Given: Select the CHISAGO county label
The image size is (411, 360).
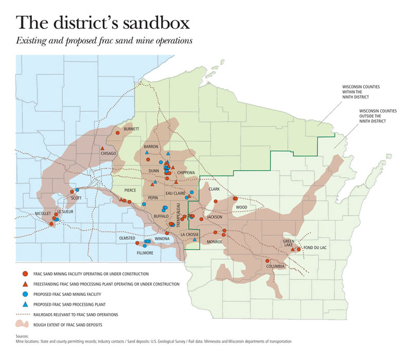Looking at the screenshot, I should (x=109, y=153).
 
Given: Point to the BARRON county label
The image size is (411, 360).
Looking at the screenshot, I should (x=151, y=147).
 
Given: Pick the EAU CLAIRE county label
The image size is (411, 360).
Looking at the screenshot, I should (x=175, y=193).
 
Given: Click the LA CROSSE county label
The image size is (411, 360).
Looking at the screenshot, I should (x=189, y=235).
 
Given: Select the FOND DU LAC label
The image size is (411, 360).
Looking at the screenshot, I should (x=315, y=248).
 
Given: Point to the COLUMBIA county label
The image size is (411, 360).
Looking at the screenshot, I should (x=275, y=266).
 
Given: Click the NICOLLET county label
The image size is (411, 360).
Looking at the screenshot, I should (x=43, y=213).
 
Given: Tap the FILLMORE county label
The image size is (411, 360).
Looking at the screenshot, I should (x=145, y=253).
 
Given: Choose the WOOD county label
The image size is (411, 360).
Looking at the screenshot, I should (x=241, y=207).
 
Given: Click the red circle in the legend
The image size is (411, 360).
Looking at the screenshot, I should (x=25, y=274).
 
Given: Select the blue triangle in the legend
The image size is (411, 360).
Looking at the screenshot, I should (x=25, y=304).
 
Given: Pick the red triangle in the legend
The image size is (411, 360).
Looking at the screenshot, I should (x=25, y=284).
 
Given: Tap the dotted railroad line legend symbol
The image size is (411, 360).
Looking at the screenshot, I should (x=25, y=314).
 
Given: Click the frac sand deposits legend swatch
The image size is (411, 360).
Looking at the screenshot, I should (x=25, y=325).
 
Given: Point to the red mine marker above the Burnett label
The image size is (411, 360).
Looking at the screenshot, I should (x=117, y=133).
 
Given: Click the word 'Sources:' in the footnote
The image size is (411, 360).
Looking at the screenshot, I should (x=24, y=336).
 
